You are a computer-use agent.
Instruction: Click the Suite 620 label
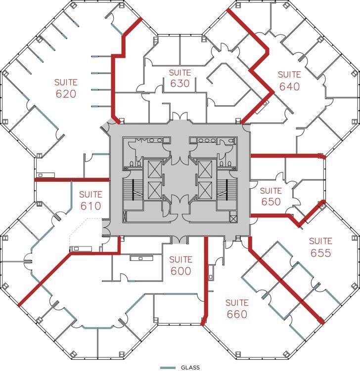[x=66, y=88]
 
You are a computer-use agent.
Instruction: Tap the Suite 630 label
[x=180, y=79]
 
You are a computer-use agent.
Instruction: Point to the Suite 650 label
[x=270, y=196]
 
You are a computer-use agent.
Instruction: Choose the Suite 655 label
[x=320, y=247]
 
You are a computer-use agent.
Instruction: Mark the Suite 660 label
[x=237, y=308]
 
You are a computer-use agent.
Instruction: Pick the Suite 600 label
[x=180, y=265]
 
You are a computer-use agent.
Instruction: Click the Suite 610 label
[x=90, y=201]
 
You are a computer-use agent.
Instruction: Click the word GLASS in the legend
[x=190, y=368]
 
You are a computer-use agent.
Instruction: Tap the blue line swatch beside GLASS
[x=169, y=368]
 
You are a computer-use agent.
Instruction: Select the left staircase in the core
[x=133, y=190]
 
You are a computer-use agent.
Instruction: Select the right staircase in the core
[x=228, y=190]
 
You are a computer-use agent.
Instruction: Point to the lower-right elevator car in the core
[x=205, y=189]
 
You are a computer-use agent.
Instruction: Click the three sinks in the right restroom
[x=203, y=140]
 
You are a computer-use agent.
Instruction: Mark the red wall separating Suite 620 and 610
[x=72, y=179]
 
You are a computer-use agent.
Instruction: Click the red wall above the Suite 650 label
[x=287, y=156]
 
